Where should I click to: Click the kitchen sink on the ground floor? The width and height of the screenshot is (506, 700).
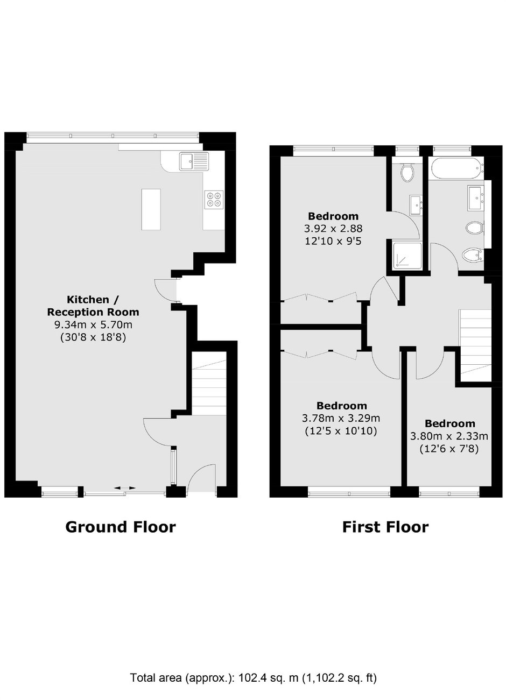click(194, 161)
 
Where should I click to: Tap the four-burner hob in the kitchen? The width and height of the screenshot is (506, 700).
click(214, 200)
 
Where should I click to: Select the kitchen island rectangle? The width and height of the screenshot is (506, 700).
click(151, 209)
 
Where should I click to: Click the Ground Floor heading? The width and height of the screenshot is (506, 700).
click(121, 527)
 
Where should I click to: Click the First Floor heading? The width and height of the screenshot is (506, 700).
click(385, 527)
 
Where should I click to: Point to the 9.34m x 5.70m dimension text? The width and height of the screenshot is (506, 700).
click(94, 324)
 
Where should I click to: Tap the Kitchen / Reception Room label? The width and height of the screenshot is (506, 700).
click(93, 306)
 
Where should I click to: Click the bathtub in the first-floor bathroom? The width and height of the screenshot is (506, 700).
click(457, 169)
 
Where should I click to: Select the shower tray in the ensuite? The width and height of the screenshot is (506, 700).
click(407, 254)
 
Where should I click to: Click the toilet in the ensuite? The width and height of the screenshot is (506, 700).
click(407, 173)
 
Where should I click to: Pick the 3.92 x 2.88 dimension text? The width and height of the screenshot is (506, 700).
click(333, 229)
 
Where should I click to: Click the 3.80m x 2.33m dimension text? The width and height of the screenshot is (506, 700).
click(449, 436)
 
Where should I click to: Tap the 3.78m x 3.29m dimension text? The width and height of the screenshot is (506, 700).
click(341, 418)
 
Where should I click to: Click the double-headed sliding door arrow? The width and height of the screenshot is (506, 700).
click(125, 487)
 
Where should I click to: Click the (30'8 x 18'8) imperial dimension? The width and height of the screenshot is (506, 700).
click(93, 337)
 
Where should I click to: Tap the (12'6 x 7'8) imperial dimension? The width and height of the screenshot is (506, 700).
click(449, 449)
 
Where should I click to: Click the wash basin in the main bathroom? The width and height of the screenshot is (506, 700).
click(476, 197)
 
